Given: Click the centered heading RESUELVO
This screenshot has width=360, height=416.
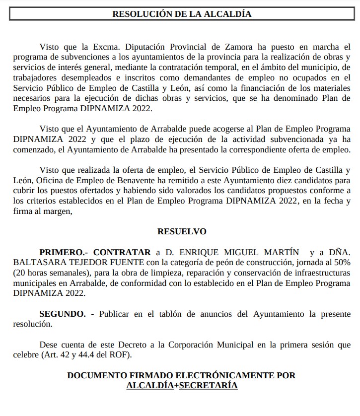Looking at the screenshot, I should click(182, 231).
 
